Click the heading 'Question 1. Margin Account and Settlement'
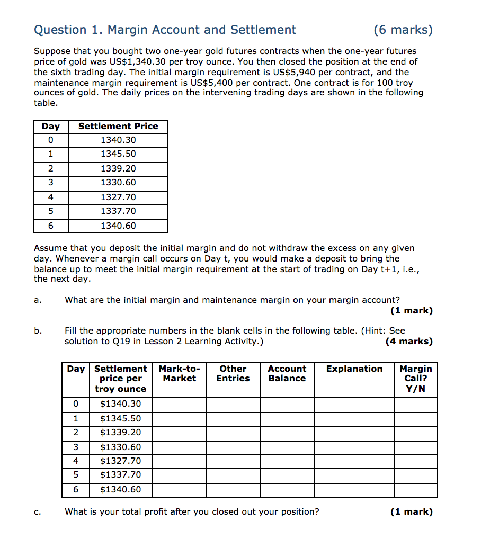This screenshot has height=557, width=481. click(165, 30)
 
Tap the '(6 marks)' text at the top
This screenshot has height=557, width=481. click(403, 30)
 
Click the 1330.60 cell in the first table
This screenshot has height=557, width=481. click(118, 183)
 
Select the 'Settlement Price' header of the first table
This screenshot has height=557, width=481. click(118, 127)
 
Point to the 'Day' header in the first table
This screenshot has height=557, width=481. click(51, 127)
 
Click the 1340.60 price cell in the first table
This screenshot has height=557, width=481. click(118, 226)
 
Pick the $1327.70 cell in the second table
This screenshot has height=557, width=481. click(121, 461)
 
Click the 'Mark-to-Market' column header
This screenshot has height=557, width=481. click(179, 374)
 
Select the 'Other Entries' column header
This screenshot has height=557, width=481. click(233, 374)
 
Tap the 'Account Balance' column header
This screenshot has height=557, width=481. click(287, 374)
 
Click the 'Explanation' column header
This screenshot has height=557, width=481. click(354, 369)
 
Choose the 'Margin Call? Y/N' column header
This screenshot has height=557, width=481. click(415, 379)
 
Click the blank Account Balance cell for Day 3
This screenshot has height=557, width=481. click(287, 447)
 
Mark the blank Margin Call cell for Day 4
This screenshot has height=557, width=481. click(415, 461)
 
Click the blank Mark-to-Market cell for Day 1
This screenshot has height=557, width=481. click(179, 419)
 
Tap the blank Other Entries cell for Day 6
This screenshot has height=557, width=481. click(233, 490)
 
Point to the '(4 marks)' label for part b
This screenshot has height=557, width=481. click(409, 342)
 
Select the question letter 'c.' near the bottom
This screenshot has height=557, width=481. click(38, 512)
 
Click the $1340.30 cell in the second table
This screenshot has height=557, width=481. click(121, 405)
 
